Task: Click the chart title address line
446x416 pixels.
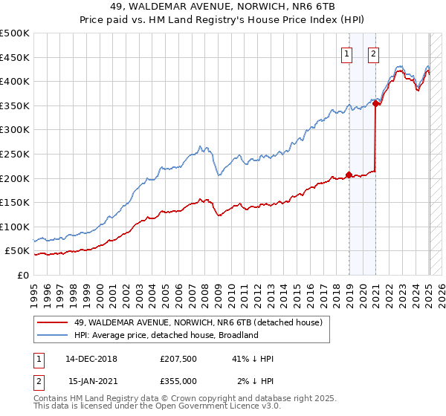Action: [222, 7]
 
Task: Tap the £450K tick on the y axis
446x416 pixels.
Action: [15, 57]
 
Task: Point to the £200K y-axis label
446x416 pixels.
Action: [15, 178]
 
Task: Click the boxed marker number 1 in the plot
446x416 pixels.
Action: [347, 53]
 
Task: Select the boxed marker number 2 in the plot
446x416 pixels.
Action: [372, 53]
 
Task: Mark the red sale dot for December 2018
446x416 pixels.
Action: [349, 175]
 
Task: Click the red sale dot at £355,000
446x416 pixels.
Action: [376, 103]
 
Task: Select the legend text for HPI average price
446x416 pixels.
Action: [165, 335]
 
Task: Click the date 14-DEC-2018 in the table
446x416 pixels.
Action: [91, 359]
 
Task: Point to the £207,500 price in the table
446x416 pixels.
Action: [178, 359]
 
